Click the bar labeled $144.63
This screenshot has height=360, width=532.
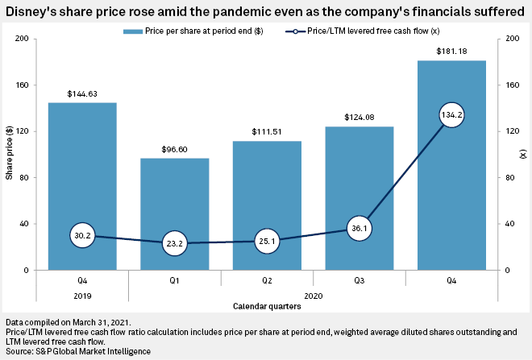tap(82, 177)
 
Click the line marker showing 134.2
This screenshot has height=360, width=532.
tap(451, 115)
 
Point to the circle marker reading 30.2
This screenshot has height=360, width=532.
tap(82, 235)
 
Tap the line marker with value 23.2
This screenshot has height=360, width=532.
tap(175, 243)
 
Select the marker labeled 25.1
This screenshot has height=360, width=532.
tap(267, 241)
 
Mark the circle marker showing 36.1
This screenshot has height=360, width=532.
tap(360, 228)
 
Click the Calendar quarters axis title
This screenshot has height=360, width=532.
tap(267, 306)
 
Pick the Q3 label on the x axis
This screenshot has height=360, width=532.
tap(360, 282)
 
